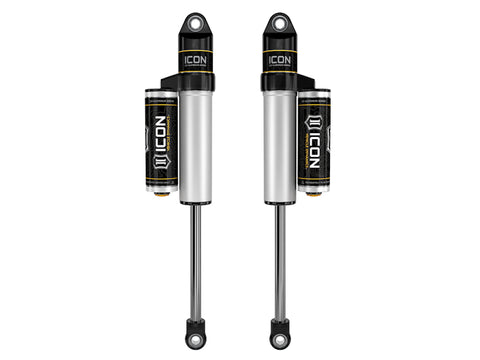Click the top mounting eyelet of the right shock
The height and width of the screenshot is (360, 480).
point(280,21)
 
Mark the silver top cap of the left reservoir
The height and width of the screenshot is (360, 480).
point(162,98)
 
